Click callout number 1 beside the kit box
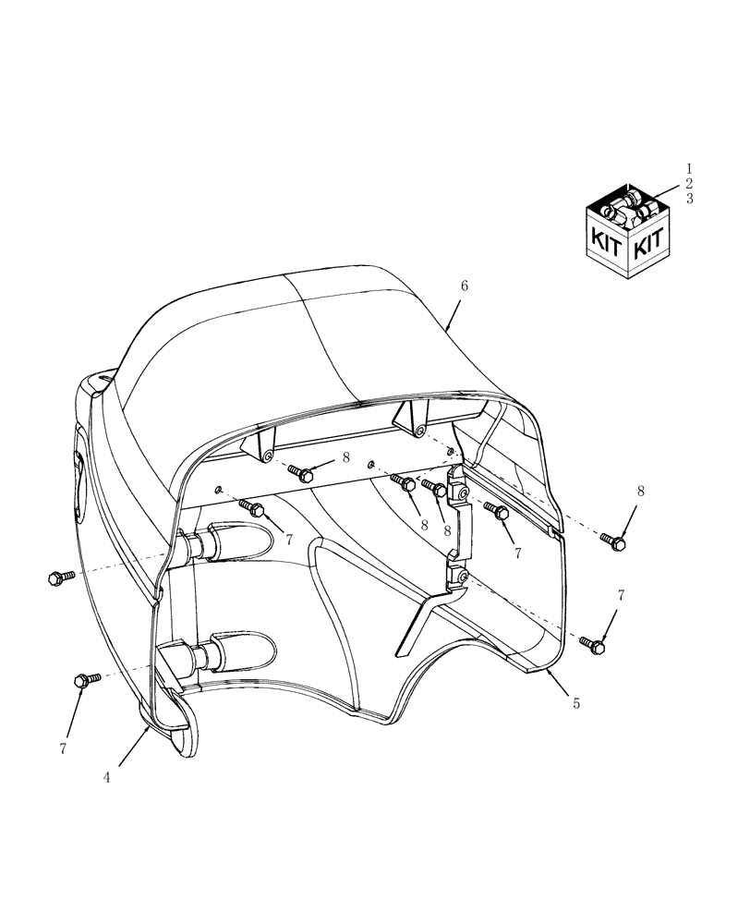pyautogui.click(x=689, y=169)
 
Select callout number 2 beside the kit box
pyautogui.click(x=689, y=184)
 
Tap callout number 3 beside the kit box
pyautogui.click(x=689, y=199)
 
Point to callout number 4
pyautogui.click(x=107, y=778)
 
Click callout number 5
pyautogui.click(x=576, y=703)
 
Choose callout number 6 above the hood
pyautogui.click(x=465, y=286)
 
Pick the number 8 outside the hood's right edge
pyautogui.click(x=640, y=491)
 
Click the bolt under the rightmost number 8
pyautogui.click(x=612, y=541)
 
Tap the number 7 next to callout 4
pyautogui.click(x=63, y=748)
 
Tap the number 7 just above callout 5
pyautogui.click(x=620, y=597)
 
